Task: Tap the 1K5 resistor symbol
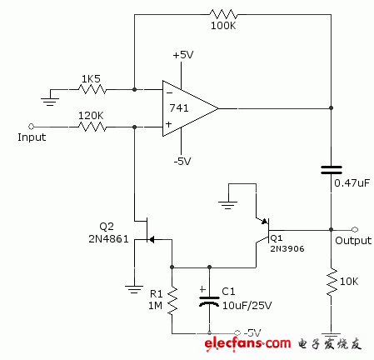click(92, 87)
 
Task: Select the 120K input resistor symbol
click(92, 127)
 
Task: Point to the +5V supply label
click(183, 54)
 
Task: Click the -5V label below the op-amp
click(183, 161)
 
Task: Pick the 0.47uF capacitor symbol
click(332, 170)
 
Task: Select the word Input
click(32, 137)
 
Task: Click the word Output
click(353, 241)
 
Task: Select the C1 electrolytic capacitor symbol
click(208, 300)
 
